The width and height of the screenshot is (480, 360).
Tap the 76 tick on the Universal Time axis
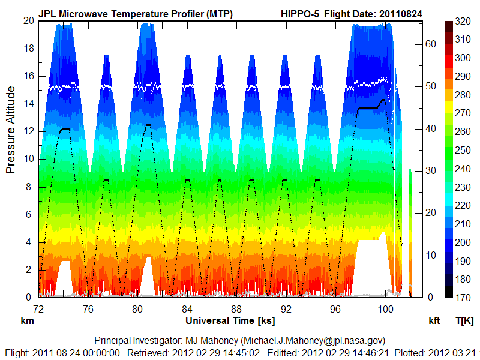(88, 309)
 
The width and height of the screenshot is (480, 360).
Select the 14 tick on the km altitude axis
(28, 104)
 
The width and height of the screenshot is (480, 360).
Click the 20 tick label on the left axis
(28, 20)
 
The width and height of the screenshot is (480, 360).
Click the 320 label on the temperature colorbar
(462, 21)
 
